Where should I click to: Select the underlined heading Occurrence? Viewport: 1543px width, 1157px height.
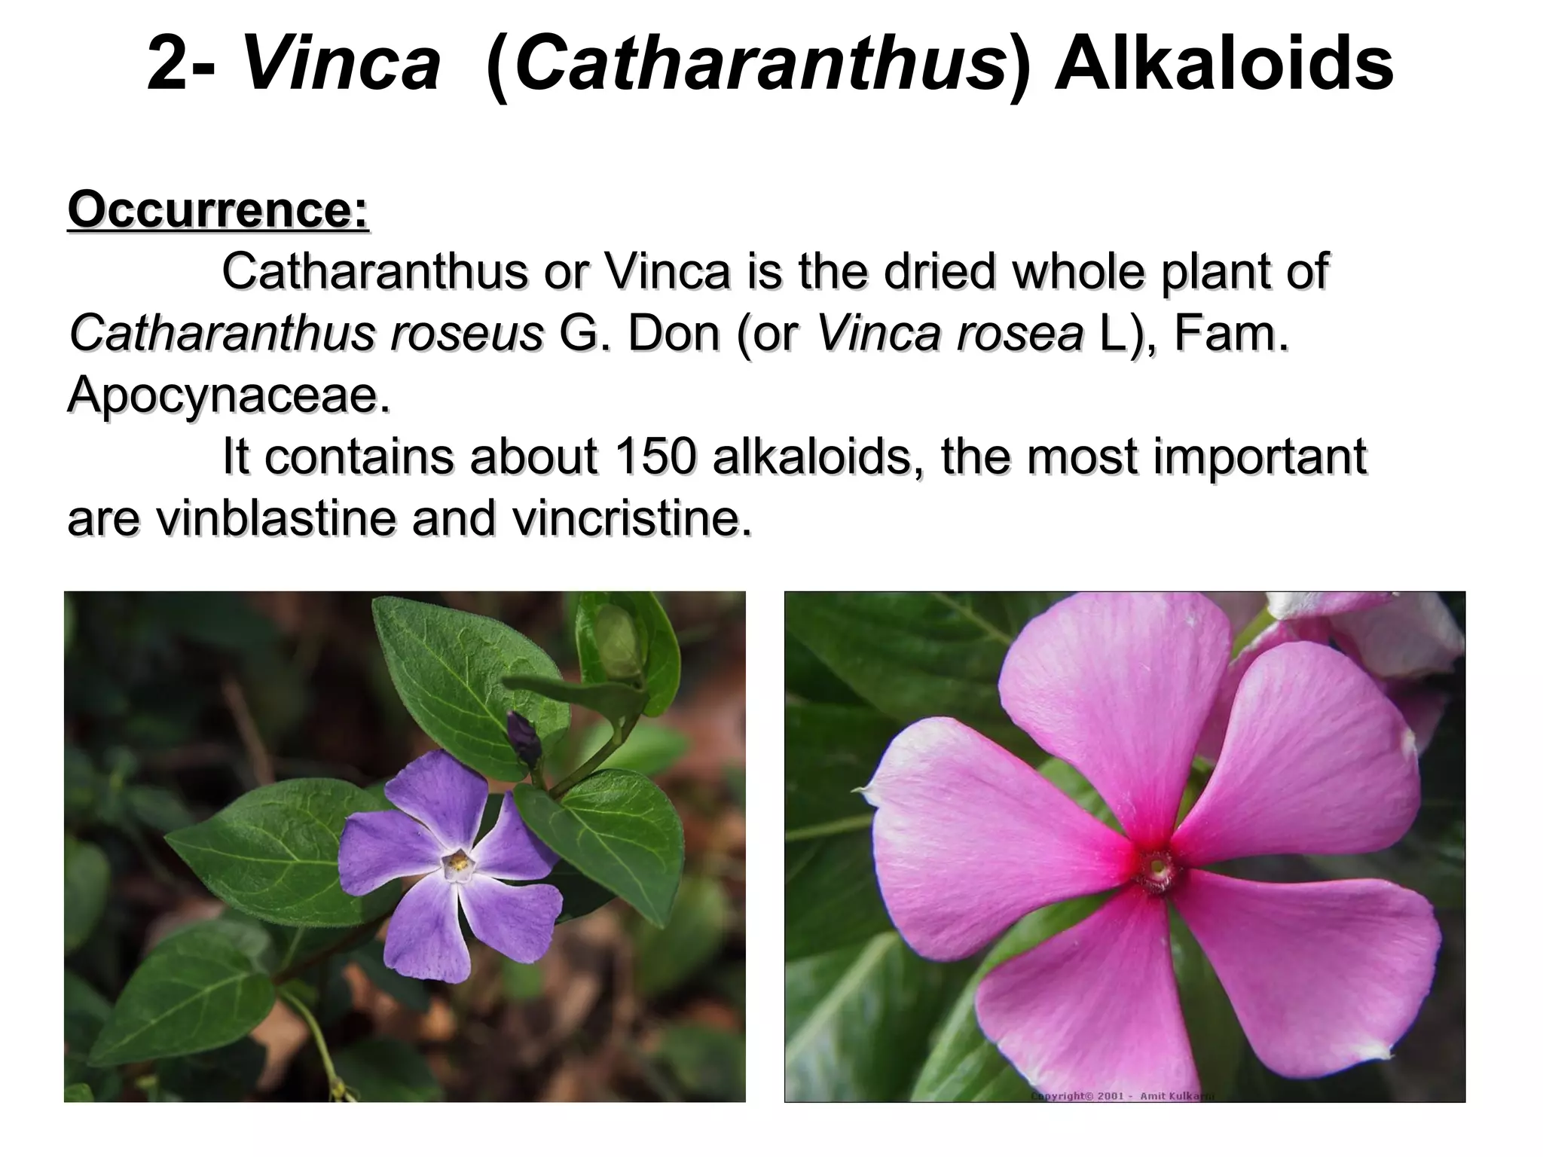218,210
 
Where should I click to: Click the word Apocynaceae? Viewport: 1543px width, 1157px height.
228,395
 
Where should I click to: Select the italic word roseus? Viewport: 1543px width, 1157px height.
466,333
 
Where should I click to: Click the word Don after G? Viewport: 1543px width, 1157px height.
673,333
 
